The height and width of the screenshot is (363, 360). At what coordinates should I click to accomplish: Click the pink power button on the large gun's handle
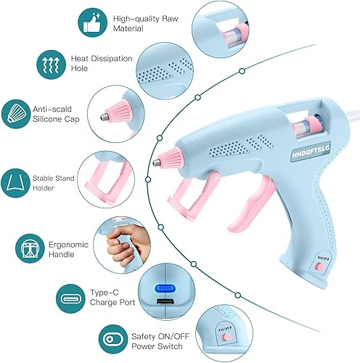[x=318, y=268]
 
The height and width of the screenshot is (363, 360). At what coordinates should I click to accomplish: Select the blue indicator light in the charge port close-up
[x=163, y=287]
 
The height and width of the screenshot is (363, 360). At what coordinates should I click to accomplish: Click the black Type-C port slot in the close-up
[x=163, y=301]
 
